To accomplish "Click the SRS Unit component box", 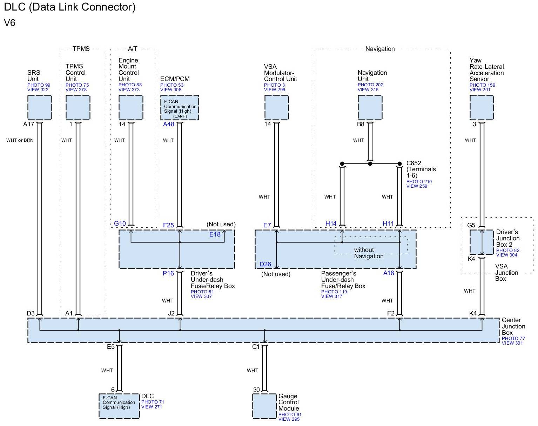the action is click(x=40, y=107).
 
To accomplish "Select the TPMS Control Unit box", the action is click(x=78, y=107).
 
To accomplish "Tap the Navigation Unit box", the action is click(x=370, y=107).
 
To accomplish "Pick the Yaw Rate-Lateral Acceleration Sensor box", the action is click(x=482, y=107).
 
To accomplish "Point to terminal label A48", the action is click(x=168, y=124).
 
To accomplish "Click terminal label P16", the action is click(x=168, y=273).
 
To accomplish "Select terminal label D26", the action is click(x=265, y=264).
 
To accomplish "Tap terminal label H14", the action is click(x=331, y=224).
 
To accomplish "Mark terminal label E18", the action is click(x=215, y=234).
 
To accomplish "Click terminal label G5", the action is click(x=471, y=225).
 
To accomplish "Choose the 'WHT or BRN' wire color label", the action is click(x=20, y=140).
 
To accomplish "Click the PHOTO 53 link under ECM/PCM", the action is click(x=172, y=85).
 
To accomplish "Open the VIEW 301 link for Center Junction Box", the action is click(x=512, y=343).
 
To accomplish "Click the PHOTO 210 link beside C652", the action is click(x=419, y=182).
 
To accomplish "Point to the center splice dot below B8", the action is click(x=370, y=164).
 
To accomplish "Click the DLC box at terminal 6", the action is click(x=119, y=406).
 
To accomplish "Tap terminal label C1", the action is click(x=256, y=347).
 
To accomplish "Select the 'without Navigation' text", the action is click(x=369, y=253).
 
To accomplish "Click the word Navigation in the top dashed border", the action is click(x=380, y=49).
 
